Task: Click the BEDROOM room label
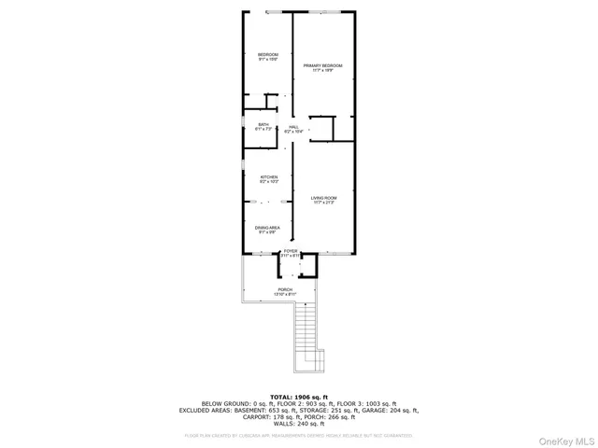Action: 268,55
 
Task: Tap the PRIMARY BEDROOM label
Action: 322,65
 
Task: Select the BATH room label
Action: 263,125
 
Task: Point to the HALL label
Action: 293,127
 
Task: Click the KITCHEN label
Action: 269,177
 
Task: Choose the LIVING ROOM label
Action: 323,199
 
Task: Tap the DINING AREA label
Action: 267,228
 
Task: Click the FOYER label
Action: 291,251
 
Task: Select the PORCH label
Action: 284,290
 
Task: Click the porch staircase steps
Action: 306,331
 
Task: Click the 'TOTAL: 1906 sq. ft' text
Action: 299,397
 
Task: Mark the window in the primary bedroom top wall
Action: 324,12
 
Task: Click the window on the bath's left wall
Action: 245,122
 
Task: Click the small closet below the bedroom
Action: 272,102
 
